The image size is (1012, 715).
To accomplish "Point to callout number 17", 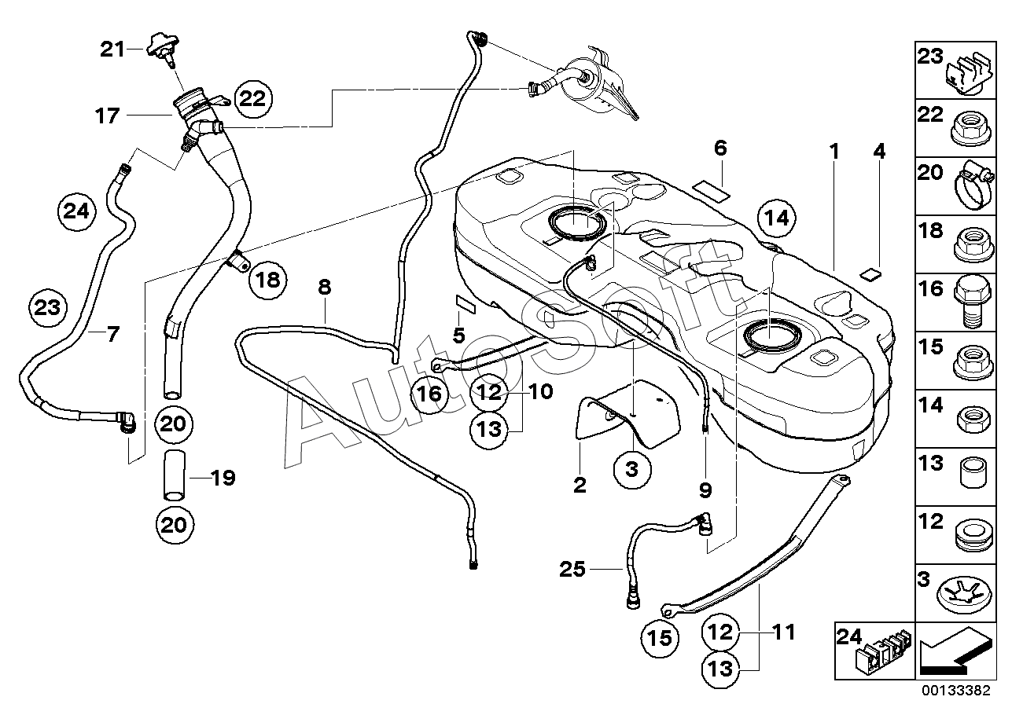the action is [108, 116].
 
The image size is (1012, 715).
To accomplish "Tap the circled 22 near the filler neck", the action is [252, 98].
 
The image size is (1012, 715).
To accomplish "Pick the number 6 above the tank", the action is [720, 148].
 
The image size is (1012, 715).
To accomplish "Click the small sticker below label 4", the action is [870, 274].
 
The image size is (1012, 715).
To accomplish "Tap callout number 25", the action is [572, 570].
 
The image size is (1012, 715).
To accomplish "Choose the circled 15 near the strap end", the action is [660, 638].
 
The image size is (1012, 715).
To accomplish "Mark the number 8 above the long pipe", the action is [325, 287].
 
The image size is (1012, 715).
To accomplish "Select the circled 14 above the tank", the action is [777, 218].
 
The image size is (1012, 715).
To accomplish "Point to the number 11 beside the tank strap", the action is [784, 632].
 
